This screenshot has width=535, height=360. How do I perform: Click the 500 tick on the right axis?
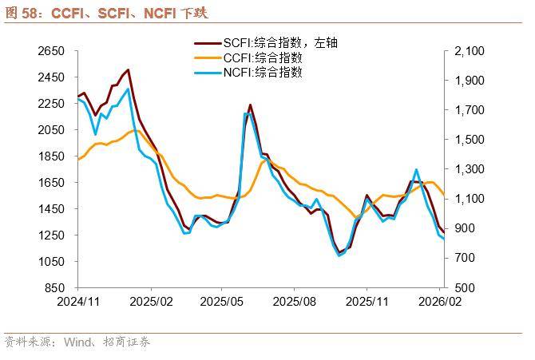463,288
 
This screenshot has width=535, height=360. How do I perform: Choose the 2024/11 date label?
77,303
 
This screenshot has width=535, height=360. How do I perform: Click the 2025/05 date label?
222,303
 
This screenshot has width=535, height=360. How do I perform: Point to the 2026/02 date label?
442,303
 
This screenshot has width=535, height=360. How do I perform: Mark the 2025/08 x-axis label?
294,303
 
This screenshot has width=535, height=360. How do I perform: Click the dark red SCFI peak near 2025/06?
250,105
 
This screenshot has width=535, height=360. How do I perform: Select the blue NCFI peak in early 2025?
129,89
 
